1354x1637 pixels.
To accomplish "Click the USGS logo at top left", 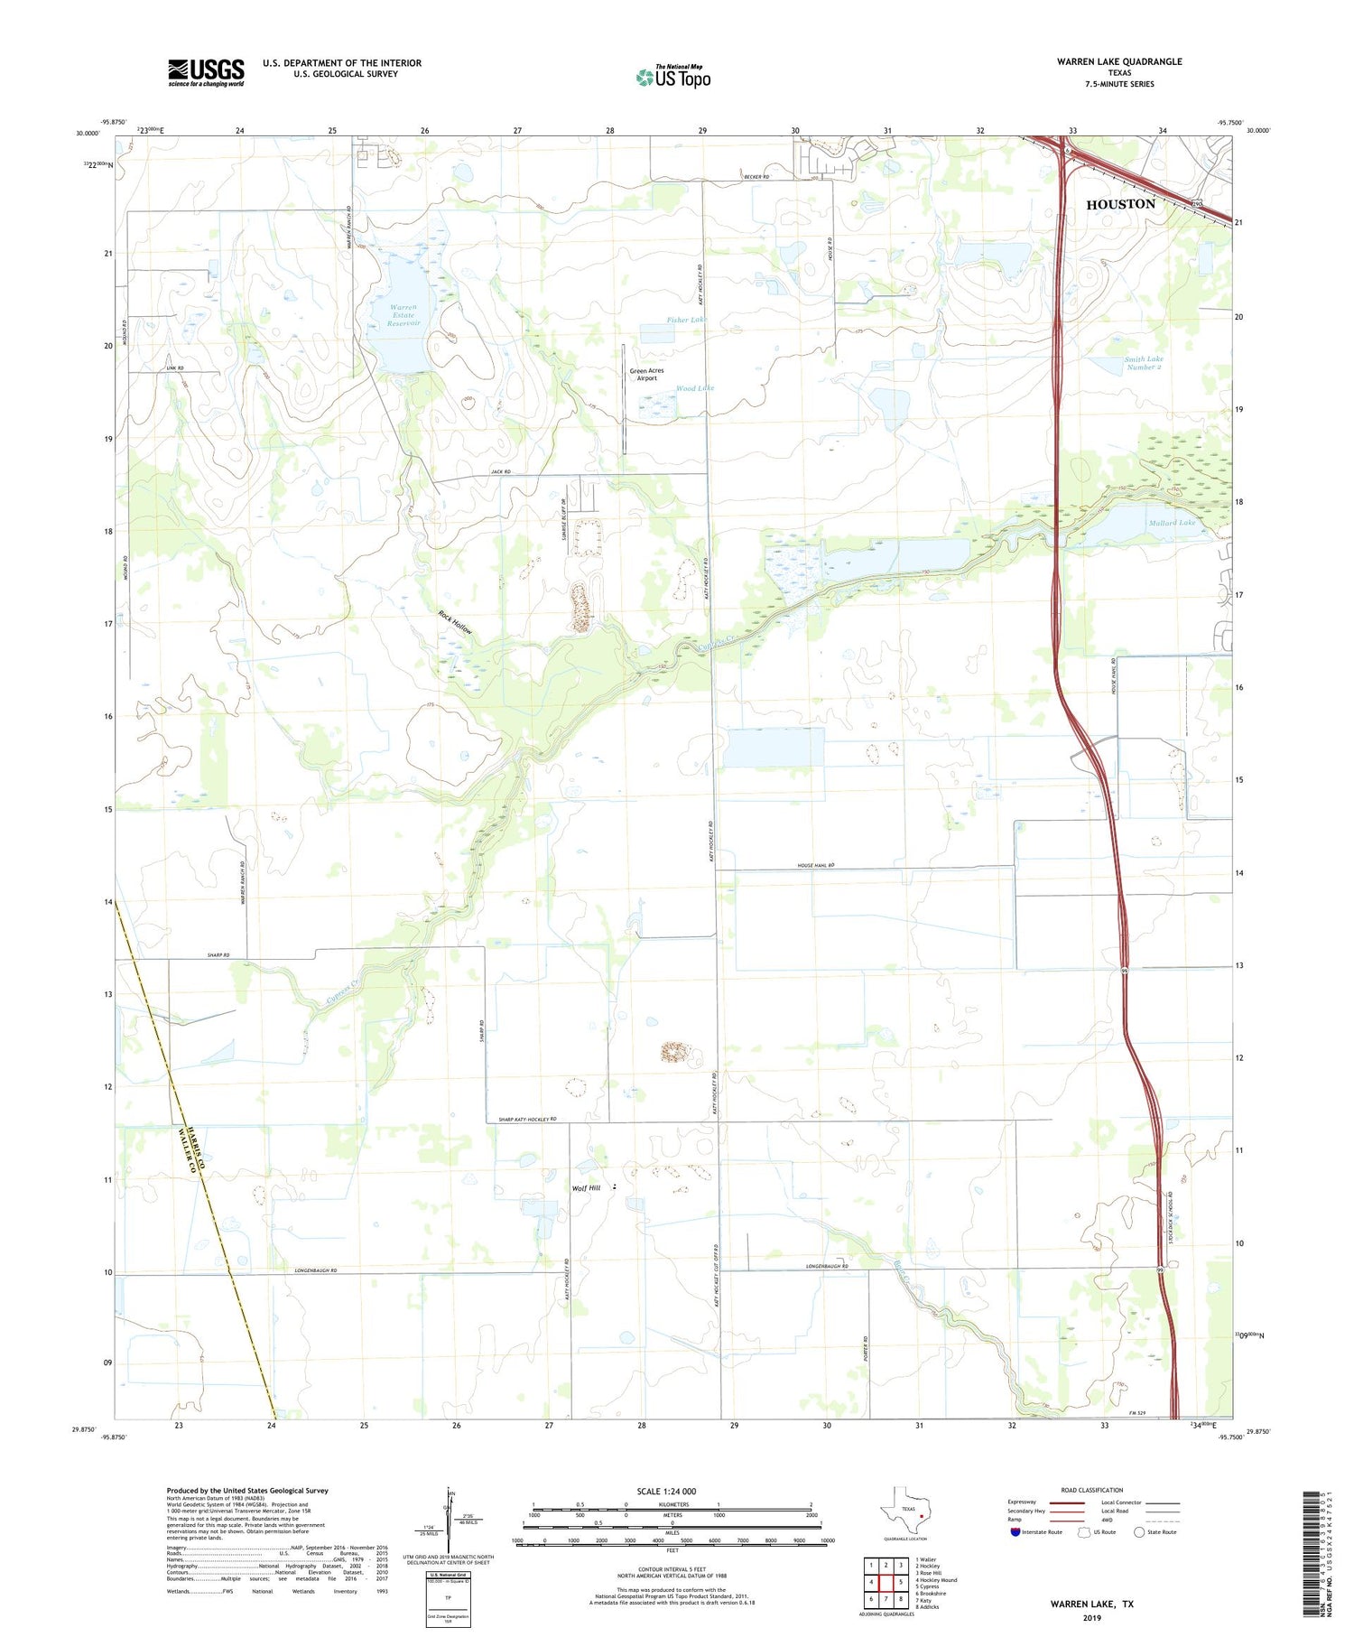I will (x=206, y=72).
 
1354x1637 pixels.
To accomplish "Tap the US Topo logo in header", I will (x=672, y=78).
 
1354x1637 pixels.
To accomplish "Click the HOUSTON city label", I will (x=1120, y=204).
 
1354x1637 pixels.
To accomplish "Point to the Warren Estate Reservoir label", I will (x=403, y=315).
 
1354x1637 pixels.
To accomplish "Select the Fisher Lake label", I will (x=686, y=320).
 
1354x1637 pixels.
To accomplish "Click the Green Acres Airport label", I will (x=646, y=375).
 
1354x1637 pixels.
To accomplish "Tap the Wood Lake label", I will (x=695, y=388).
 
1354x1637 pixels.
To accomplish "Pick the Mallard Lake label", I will (x=1172, y=523).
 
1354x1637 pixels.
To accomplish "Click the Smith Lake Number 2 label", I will (x=1143, y=363).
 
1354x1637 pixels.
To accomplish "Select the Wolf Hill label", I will (x=586, y=1188).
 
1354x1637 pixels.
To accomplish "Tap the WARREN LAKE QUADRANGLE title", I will (x=1119, y=61).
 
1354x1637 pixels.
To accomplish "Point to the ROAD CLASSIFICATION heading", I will (x=1092, y=1490).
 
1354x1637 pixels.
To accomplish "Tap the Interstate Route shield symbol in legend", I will (x=1015, y=1532).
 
